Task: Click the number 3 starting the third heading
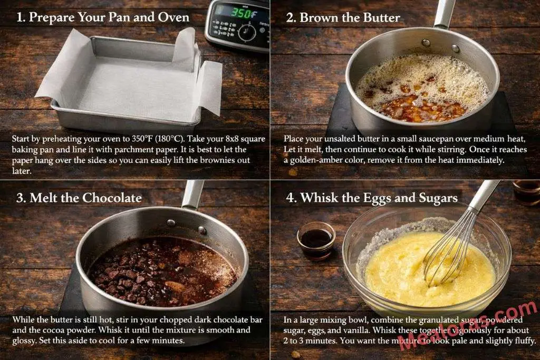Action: (x=20, y=198)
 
